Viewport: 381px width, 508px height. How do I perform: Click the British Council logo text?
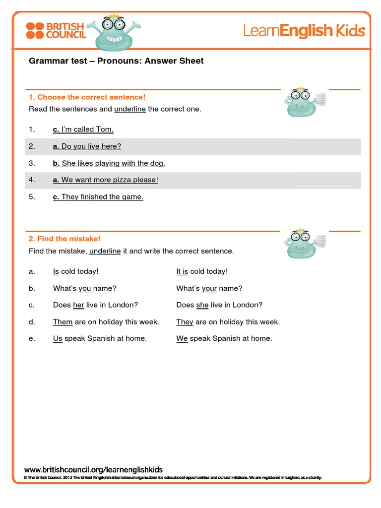tap(65, 30)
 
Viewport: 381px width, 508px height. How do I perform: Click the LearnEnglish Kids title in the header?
tap(304, 31)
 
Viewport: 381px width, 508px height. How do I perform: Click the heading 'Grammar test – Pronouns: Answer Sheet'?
tap(116, 61)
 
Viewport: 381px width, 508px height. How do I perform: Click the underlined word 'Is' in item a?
tap(56, 271)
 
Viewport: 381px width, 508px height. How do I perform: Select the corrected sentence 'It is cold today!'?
tap(202, 271)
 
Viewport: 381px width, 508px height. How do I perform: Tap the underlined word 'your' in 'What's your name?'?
tap(209, 288)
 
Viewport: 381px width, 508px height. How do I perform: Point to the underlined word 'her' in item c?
tap(78, 305)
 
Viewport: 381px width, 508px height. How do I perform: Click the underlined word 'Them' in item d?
tap(63, 322)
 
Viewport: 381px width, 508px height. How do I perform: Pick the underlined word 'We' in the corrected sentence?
tap(182, 339)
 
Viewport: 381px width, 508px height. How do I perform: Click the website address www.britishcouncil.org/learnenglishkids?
tap(93, 469)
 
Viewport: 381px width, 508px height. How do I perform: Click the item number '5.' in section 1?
tap(32, 197)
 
